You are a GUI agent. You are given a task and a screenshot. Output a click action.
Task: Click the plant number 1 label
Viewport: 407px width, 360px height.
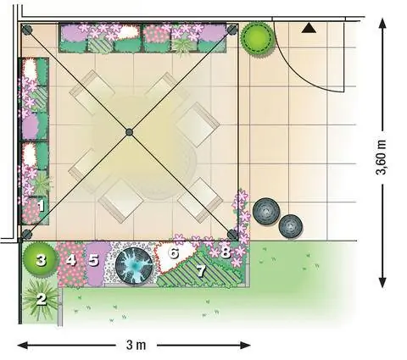click(41, 206)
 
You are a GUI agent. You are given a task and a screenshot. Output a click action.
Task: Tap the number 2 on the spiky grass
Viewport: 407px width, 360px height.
click(42, 299)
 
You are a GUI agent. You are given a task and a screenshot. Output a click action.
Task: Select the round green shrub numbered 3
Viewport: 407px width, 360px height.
click(41, 259)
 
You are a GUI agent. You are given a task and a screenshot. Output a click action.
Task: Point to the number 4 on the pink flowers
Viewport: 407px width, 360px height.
click(70, 260)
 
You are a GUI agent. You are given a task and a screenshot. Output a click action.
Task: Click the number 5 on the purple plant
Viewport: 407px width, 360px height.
click(93, 260)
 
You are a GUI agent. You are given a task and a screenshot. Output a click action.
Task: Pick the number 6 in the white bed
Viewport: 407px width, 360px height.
click(174, 253)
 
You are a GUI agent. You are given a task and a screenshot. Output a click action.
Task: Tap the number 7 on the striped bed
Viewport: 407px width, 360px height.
click(201, 270)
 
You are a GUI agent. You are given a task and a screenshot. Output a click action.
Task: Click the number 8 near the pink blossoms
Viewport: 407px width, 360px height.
click(226, 252)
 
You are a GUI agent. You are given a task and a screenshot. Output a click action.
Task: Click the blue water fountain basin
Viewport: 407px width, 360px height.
click(134, 266)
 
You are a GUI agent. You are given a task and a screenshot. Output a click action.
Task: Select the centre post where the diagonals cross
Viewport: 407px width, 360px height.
click(129, 132)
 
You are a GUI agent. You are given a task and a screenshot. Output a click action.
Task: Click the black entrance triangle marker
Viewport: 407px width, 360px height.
click(309, 28)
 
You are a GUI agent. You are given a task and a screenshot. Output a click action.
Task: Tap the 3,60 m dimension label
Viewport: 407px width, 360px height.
click(382, 158)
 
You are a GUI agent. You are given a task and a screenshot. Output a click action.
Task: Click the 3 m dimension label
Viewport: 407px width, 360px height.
click(136, 345)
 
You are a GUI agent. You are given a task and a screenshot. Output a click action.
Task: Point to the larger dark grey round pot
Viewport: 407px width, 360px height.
click(266, 212)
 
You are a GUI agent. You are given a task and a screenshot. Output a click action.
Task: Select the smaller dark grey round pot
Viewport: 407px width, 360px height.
click(291, 226)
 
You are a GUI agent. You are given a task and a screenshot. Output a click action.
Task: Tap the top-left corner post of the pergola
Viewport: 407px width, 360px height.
click(27, 30)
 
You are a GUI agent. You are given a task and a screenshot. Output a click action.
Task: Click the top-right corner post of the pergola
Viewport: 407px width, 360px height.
click(232, 30)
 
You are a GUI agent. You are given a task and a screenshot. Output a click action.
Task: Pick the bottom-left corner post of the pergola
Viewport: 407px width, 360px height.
click(26, 235)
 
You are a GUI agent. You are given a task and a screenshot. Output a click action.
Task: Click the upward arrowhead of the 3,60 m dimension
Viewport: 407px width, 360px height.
click(382, 24)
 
